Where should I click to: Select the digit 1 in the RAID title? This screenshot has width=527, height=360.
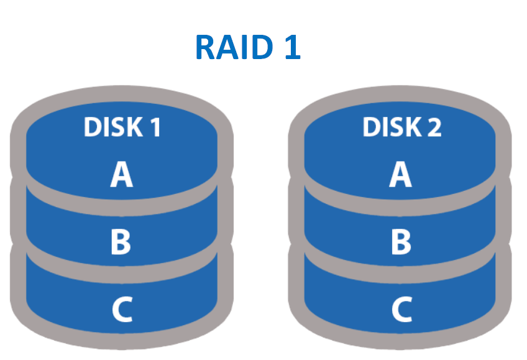[x=291, y=47]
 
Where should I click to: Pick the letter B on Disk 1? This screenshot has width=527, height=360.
[x=121, y=242]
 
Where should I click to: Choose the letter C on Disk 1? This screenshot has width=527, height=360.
[x=122, y=310]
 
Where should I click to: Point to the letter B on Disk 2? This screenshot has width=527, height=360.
[x=401, y=242]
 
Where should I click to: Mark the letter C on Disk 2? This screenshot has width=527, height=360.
[x=401, y=310]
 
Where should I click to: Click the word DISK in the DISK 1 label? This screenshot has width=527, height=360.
[x=112, y=127]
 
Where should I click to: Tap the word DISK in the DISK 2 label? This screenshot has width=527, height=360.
[x=390, y=127]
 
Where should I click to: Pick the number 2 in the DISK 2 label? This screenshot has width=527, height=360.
[x=433, y=127]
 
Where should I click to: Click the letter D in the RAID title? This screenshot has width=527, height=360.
[x=266, y=47]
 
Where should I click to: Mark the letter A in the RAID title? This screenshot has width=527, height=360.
[x=230, y=47]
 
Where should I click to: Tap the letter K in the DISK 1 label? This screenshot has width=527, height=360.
[x=133, y=127]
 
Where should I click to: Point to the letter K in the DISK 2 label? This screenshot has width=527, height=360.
[x=411, y=127]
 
